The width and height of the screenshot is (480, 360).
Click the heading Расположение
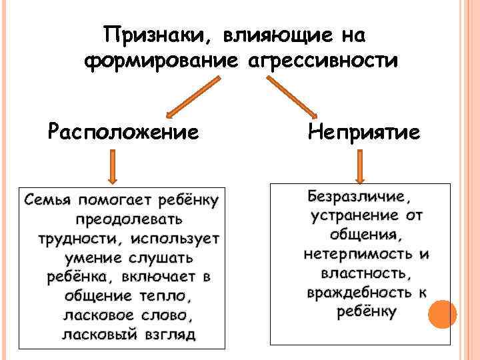[x=123, y=131]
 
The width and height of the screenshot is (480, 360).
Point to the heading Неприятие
[x=363, y=131]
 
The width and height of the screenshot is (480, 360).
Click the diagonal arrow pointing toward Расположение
[x=191, y=96]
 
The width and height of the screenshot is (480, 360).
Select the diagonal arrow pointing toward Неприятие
[x=293, y=96]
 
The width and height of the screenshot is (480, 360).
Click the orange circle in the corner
[x=442, y=315]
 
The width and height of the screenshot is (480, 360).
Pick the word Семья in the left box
[x=47, y=199]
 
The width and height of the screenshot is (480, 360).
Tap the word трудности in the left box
[x=72, y=238]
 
